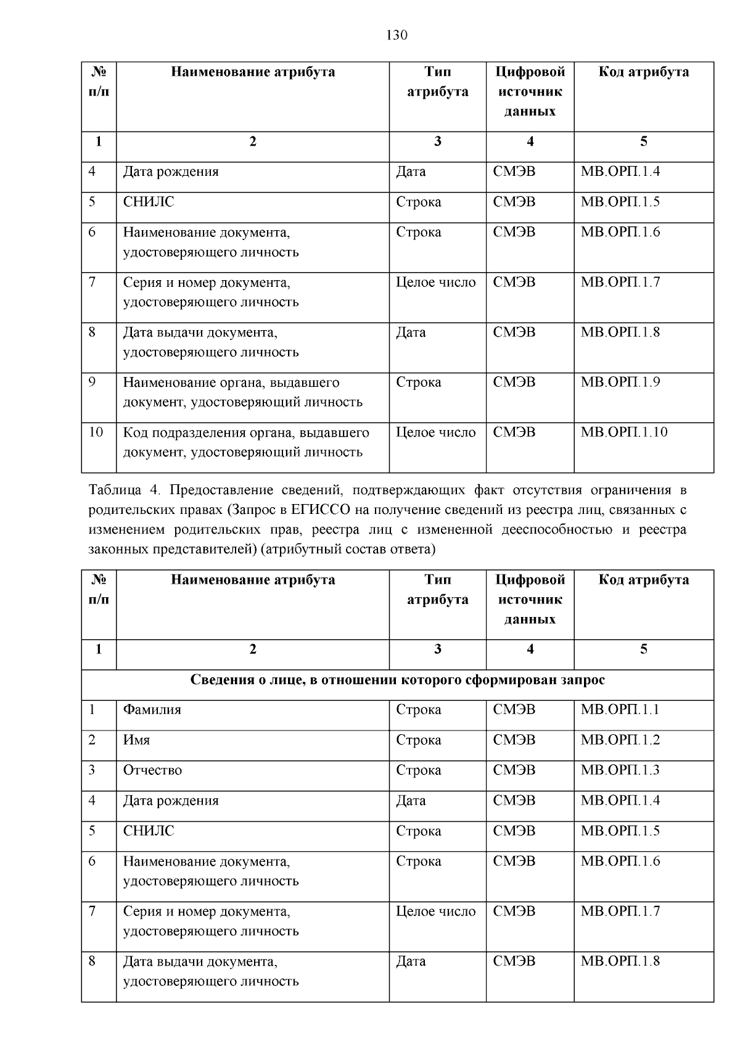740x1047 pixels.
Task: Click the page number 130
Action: pyautogui.click(x=397, y=35)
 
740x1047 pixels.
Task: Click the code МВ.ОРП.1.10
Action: pyautogui.click(x=624, y=432)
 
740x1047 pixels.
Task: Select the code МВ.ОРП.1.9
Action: pyautogui.click(x=620, y=383)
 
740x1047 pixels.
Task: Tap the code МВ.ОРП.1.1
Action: pyautogui.click(x=620, y=710)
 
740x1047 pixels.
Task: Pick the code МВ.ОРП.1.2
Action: pyautogui.click(x=620, y=740)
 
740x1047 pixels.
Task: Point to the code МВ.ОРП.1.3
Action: pyautogui.click(x=620, y=770)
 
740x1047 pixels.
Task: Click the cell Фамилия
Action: pyautogui.click(x=152, y=710)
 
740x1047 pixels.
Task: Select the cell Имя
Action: pyautogui.click(x=136, y=740)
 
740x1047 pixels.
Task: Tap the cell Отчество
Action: pyautogui.click(x=152, y=770)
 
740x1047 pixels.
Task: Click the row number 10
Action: pyautogui.click(x=96, y=432)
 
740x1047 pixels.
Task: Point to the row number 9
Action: pyautogui.click(x=92, y=383)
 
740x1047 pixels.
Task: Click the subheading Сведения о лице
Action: pyautogui.click(x=397, y=680)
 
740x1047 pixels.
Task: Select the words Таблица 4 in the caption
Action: pyautogui.click(x=124, y=490)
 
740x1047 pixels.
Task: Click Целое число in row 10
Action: pyautogui.click(x=435, y=432)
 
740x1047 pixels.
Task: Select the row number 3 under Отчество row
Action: pyautogui.click(x=92, y=770)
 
